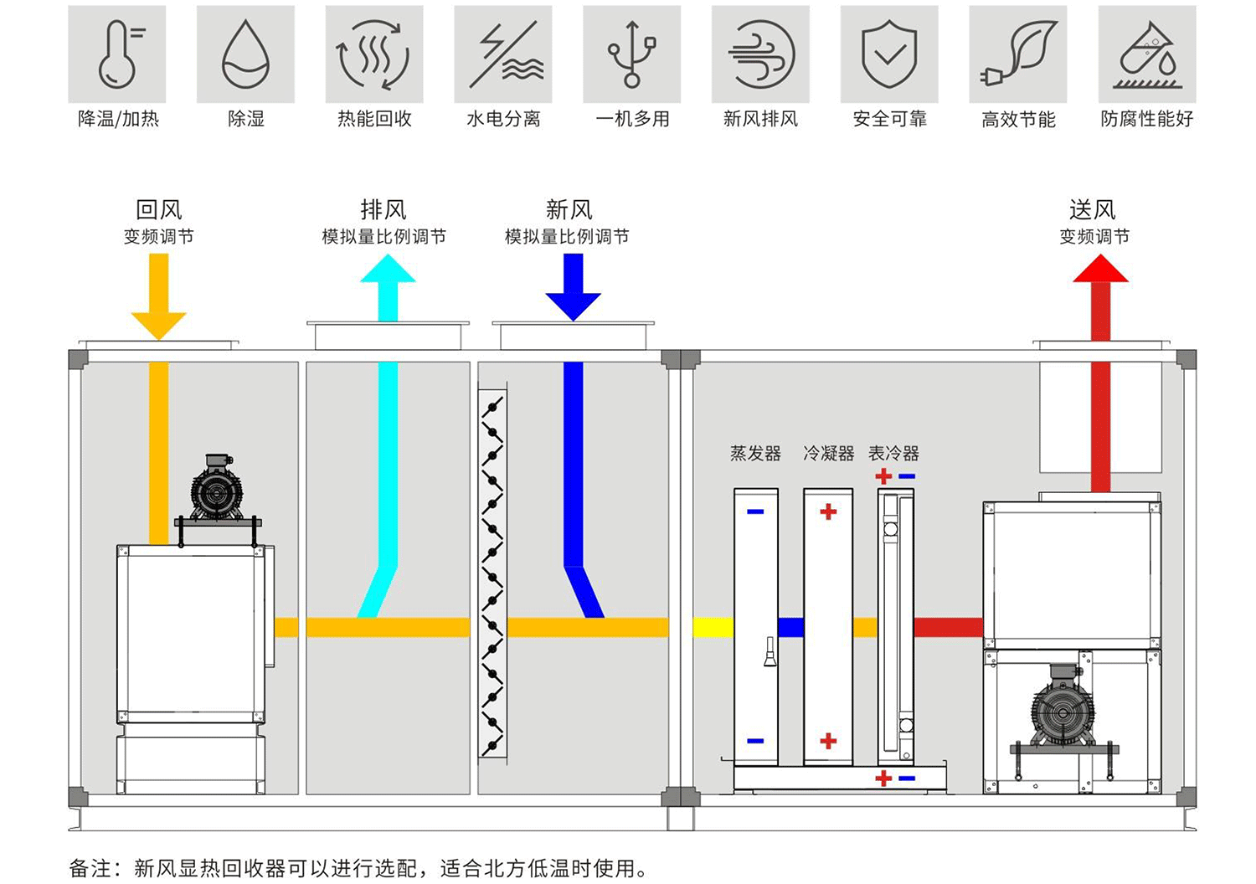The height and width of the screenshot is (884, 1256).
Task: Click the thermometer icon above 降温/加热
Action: click(x=117, y=54)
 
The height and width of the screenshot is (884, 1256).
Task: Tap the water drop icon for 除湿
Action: click(x=245, y=54)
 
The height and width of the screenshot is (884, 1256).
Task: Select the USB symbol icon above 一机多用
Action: click(x=632, y=54)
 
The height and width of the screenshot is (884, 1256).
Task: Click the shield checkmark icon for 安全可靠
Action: click(x=889, y=54)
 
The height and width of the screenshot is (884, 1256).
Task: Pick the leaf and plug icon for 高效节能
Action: click(x=1018, y=54)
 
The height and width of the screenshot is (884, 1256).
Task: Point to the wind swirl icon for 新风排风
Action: click(x=760, y=54)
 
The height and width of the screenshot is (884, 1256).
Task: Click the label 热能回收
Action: click(x=374, y=119)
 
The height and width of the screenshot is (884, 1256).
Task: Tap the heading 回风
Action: click(x=158, y=209)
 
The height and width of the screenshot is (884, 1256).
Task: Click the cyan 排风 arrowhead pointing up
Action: click(x=388, y=269)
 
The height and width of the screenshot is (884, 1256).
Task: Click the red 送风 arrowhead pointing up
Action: click(x=1100, y=270)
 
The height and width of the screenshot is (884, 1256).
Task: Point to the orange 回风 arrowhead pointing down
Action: click(x=158, y=325)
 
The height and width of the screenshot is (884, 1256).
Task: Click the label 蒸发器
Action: click(x=755, y=454)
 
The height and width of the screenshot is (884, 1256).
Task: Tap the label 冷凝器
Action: click(x=828, y=454)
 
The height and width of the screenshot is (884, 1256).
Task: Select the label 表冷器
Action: click(x=893, y=454)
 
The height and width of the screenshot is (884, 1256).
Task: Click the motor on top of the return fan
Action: click(x=217, y=488)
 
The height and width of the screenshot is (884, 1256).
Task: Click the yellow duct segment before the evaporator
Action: click(x=713, y=627)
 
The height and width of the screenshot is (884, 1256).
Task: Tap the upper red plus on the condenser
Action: click(x=828, y=511)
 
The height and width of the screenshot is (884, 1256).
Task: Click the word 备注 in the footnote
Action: click(x=90, y=868)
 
